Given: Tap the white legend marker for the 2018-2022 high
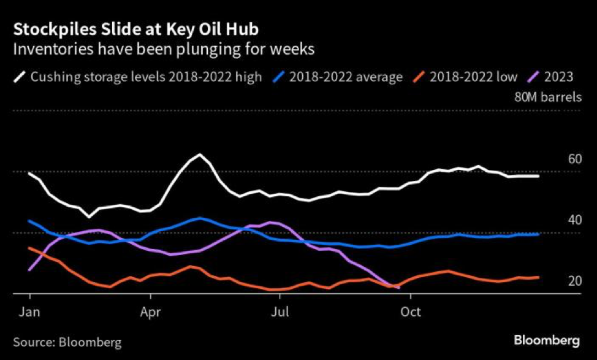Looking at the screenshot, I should [x=20, y=77].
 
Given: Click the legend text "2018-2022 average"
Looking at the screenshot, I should [x=346, y=77].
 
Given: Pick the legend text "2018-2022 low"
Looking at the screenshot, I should [x=473, y=77].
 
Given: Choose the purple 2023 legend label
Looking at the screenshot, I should [x=559, y=77].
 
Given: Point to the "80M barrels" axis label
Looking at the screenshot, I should [x=548, y=96].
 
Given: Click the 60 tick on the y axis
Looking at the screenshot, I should [x=574, y=159].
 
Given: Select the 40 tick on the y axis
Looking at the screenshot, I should [x=574, y=221].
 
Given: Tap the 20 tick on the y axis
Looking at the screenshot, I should [x=574, y=281].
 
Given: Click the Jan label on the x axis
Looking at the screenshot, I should [x=29, y=311].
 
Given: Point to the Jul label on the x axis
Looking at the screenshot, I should [x=280, y=311].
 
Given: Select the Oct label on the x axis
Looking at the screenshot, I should [x=410, y=311].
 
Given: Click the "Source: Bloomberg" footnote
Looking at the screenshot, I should [x=67, y=342].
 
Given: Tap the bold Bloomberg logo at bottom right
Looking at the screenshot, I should [x=547, y=340].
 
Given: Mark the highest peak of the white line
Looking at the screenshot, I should [x=200, y=154].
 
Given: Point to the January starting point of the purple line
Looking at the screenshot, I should [x=29, y=269].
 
